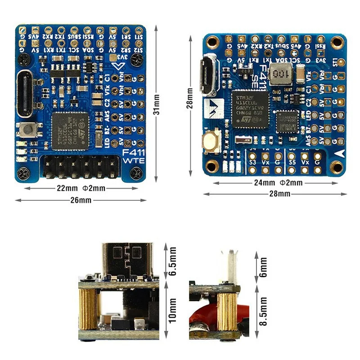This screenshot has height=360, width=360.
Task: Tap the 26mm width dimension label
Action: (81, 200)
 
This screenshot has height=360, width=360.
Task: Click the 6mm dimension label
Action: (264, 267)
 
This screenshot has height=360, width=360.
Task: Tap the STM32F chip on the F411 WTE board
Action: (69, 130)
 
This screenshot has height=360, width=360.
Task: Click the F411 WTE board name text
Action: (134, 157)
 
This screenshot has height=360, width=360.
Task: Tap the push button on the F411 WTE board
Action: (28, 131)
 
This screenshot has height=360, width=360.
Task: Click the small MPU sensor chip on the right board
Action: (287, 121)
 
